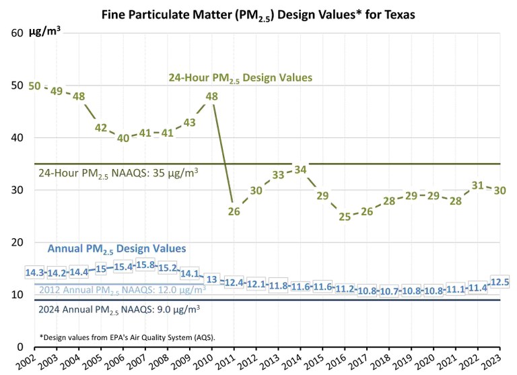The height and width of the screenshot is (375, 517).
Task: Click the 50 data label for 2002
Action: pos(35,86)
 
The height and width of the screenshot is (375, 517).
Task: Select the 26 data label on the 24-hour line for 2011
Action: pos(234,211)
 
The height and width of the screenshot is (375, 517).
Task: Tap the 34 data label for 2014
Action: pos(300,170)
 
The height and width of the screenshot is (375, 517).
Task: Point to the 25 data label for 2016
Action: pos(345,217)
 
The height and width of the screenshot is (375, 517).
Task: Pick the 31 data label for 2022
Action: pos(478,185)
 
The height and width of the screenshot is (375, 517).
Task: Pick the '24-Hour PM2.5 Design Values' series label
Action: pos(240,78)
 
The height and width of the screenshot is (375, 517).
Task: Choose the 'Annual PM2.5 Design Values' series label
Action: pos(116,249)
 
